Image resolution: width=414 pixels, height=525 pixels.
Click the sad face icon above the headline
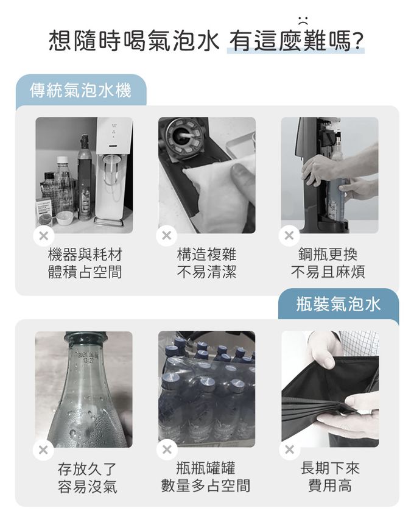pyautogui.click(x=303, y=20)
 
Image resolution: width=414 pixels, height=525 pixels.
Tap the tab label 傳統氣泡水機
pyautogui.click(x=80, y=90)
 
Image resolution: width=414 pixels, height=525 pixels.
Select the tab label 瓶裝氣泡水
pyautogui.click(x=339, y=305)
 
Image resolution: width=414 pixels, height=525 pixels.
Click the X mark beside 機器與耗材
pyautogui.click(x=44, y=236)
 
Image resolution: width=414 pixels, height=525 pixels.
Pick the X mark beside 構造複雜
pyautogui.click(x=166, y=236)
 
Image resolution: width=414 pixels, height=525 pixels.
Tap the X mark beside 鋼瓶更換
pyautogui.click(x=289, y=236)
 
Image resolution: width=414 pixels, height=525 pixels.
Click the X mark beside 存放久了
pyautogui.click(x=43, y=449)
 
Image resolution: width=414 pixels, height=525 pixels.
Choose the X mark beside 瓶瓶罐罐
pyautogui.click(x=167, y=449)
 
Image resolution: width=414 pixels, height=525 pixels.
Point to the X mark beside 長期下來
pyautogui.click(x=290, y=449)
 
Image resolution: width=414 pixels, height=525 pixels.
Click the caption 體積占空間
pyautogui.click(x=85, y=272)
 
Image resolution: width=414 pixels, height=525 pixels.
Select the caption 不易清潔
pyautogui.click(x=206, y=272)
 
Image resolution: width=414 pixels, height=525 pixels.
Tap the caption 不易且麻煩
pyautogui.click(x=328, y=272)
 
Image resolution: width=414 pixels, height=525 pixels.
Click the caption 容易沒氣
pyautogui.click(x=87, y=486)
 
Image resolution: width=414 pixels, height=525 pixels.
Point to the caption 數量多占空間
pyautogui.click(x=206, y=485)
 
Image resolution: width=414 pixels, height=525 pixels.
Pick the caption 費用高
pyautogui.click(x=330, y=485)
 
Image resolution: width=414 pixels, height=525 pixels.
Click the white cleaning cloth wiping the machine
pyautogui.click(x=217, y=191)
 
